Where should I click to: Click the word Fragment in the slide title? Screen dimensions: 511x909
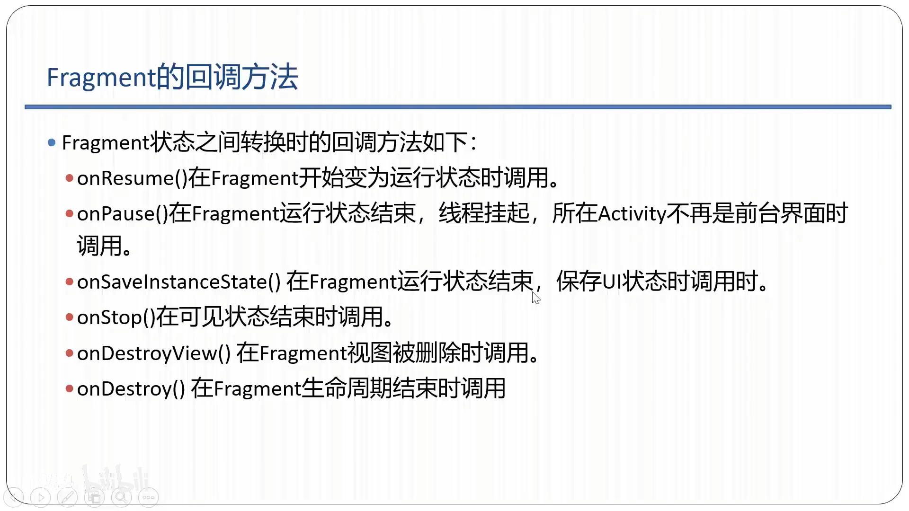click(101, 77)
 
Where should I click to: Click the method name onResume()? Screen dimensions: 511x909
click(132, 178)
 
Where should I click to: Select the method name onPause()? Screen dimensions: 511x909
click(123, 214)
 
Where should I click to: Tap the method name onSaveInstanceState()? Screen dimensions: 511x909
click(179, 282)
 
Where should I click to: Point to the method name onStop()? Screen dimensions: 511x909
click(116, 317)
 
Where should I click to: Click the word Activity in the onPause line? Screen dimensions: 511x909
click(632, 214)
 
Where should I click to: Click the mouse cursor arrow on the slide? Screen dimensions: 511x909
click(535, 297)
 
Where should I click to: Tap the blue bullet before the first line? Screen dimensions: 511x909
click(52, 142)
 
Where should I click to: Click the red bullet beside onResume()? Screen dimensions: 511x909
click(70, 178)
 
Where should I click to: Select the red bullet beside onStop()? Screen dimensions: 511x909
click(70, 317)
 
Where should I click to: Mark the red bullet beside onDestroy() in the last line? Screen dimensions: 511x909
click(70, 389)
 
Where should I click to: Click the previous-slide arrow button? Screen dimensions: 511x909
click(14, 497)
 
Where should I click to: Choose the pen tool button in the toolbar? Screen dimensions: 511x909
click(68, 497)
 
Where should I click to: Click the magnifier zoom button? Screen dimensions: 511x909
click(121, 497)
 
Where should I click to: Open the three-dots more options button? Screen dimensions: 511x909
click(148, 497)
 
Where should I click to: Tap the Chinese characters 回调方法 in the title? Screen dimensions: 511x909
click(241, 77)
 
